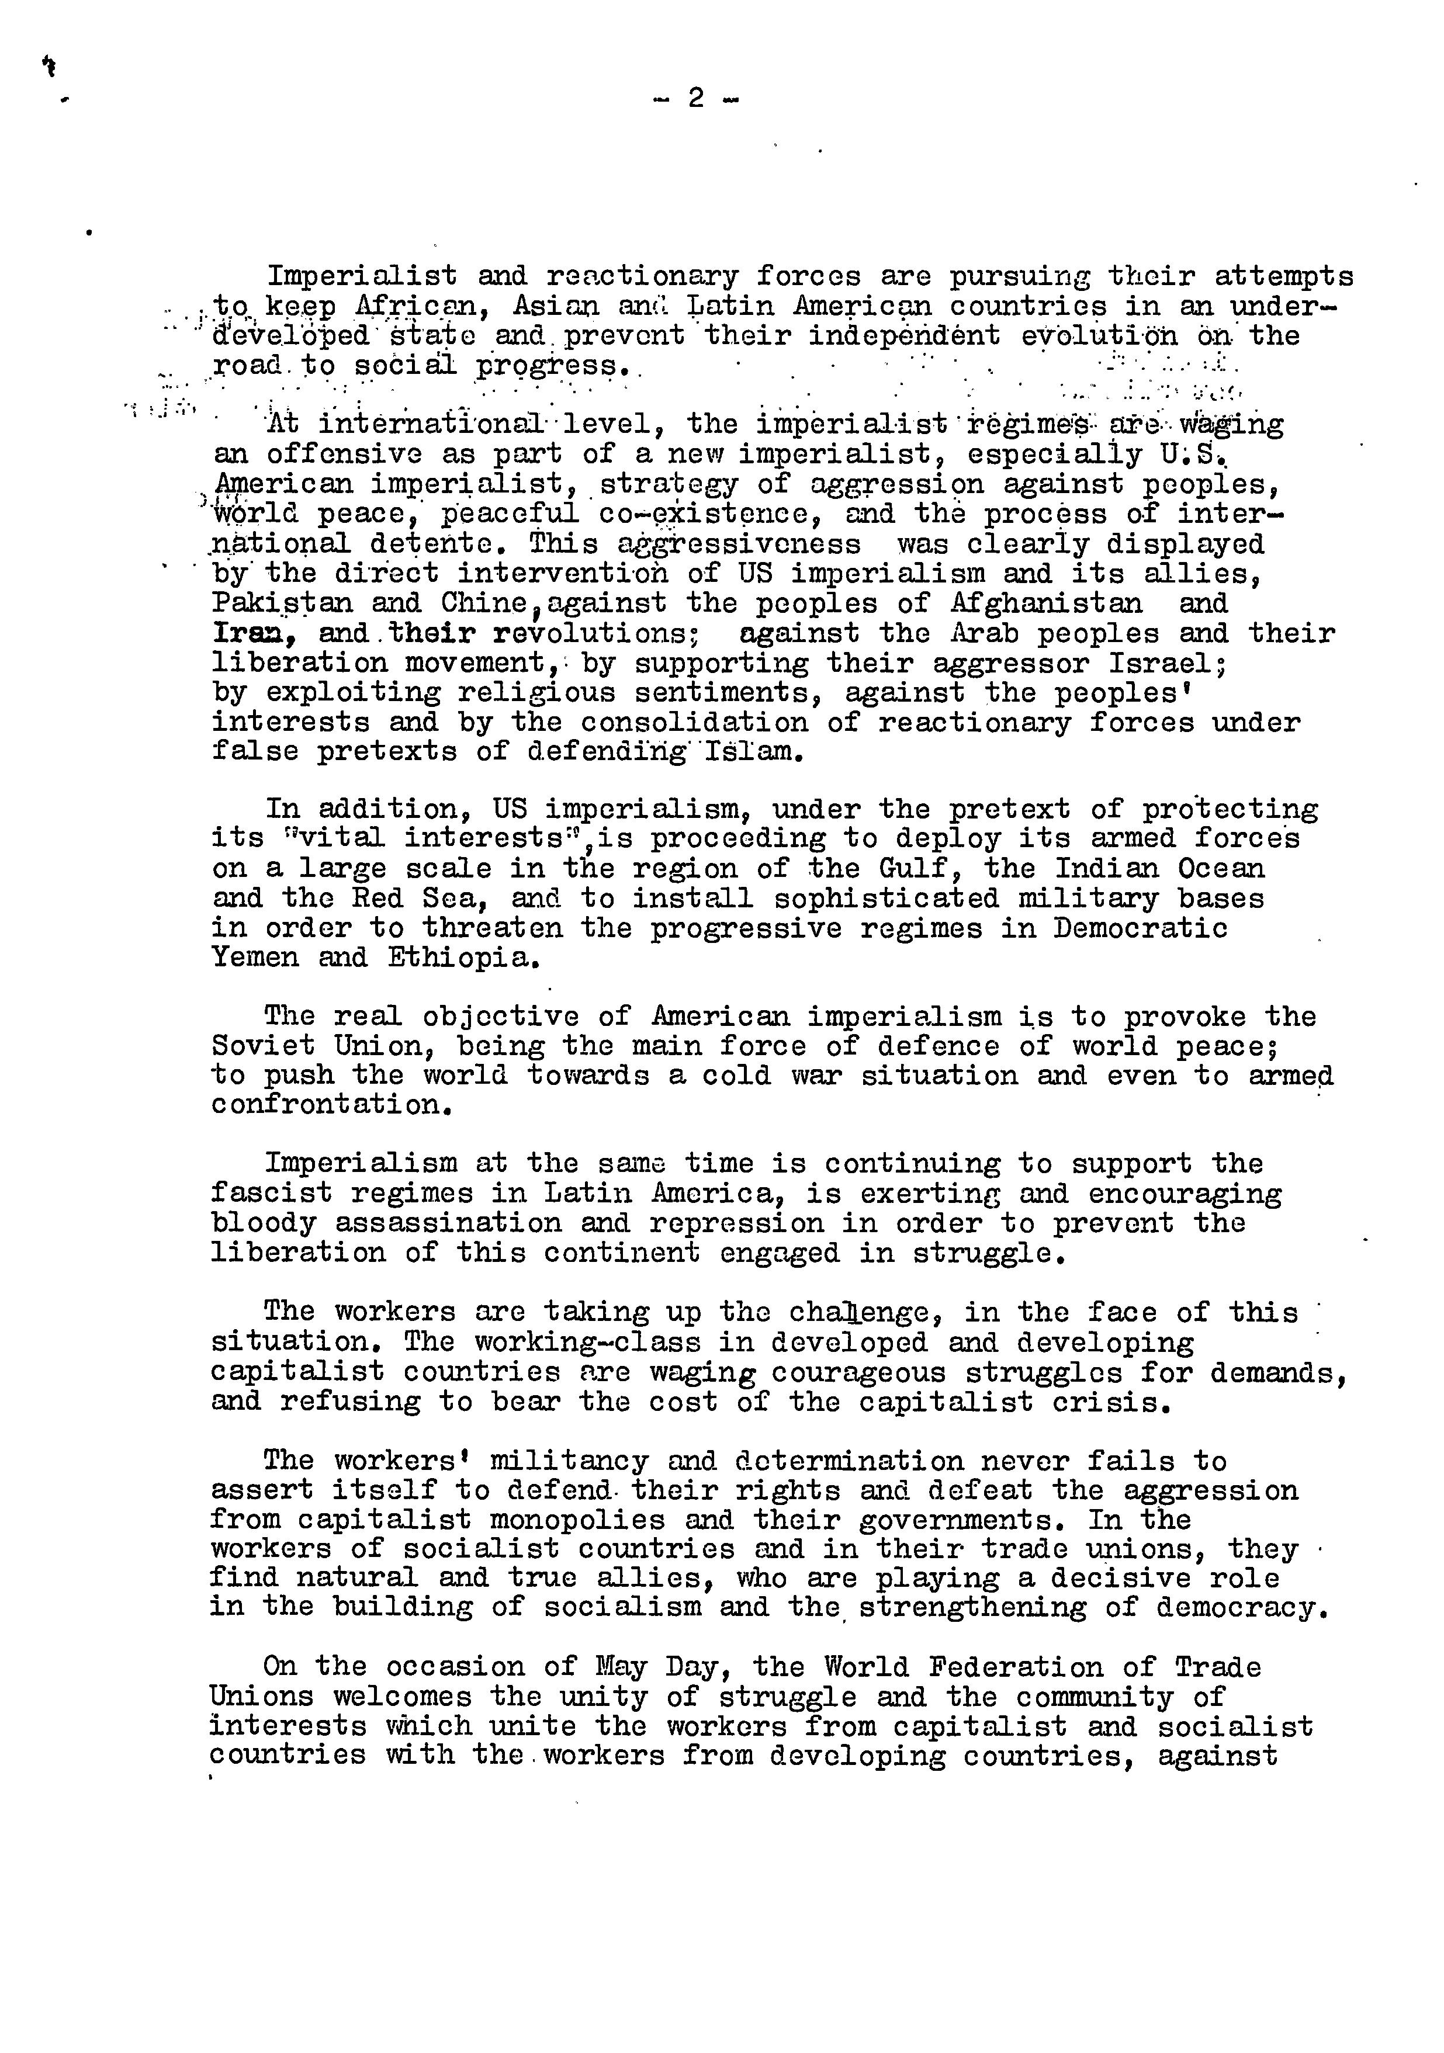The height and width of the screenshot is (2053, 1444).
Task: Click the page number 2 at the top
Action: click(x=695, y=98)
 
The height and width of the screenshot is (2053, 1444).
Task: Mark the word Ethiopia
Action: click(x=465, y=958)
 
